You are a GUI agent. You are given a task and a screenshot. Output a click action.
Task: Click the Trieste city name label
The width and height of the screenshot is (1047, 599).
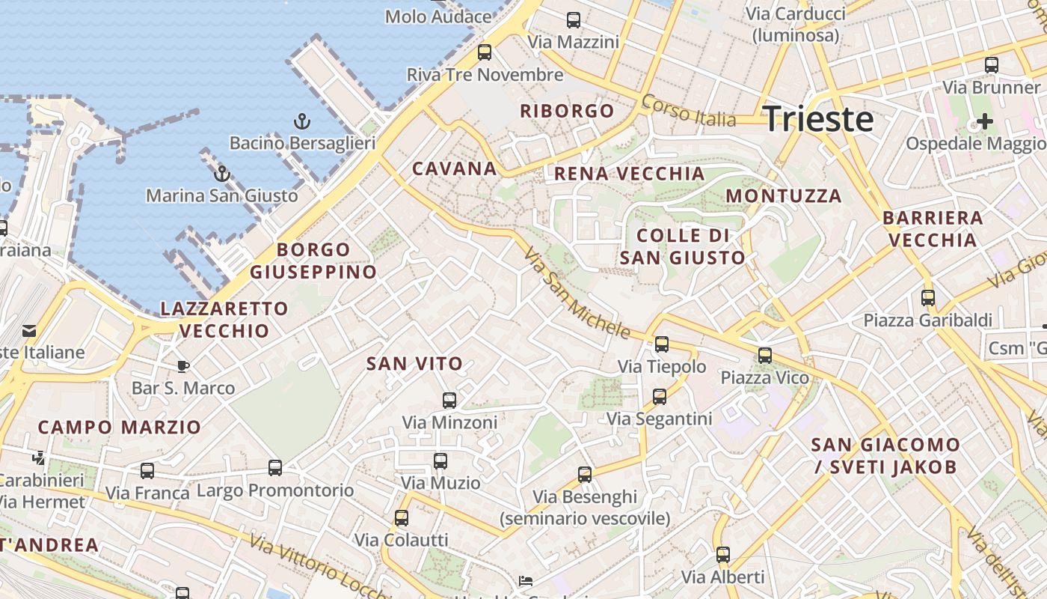tap(818, 120)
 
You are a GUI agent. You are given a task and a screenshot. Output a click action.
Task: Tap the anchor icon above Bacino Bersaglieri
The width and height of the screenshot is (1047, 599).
tap(301, 121)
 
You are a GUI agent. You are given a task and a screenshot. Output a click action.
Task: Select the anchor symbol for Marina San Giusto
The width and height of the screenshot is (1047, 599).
tap(221, 174)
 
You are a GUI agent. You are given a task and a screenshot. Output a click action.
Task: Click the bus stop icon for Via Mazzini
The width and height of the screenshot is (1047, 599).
tap(574, 20)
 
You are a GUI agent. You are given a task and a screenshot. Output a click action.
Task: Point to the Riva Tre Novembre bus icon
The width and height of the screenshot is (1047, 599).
tap(485, 52)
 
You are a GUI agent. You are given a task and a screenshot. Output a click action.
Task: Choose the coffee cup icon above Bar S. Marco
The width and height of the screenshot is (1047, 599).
tap(183, 366)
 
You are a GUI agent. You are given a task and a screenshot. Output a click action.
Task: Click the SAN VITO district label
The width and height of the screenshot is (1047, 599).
tap(414, 365)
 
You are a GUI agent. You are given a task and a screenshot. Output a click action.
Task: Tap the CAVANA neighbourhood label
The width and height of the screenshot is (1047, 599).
tap(455, 169)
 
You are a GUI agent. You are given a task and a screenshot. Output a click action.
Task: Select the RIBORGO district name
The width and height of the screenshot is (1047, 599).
tap(567, 112)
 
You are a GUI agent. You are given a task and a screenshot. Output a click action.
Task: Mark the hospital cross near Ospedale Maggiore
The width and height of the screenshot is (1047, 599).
tap(985, 121)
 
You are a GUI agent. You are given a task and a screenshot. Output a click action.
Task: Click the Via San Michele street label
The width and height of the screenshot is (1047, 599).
tap(577, 294)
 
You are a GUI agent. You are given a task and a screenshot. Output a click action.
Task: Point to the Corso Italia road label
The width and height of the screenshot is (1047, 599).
tap(689, 112)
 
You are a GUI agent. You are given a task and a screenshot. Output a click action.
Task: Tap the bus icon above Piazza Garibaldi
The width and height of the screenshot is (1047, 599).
tap(928, 298)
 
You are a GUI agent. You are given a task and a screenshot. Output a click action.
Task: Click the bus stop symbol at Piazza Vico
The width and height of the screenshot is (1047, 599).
tap(765, 356)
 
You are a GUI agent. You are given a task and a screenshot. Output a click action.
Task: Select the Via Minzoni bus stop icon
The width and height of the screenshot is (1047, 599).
tap(449, 401)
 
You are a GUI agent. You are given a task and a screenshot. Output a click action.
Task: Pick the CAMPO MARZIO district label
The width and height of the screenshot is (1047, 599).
tap(120, 428)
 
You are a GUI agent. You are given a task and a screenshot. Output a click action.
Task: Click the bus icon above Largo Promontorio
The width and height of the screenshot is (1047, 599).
tap(275, 468)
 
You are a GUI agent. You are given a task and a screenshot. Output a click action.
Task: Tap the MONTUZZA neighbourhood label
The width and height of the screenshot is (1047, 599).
tap(784, 196)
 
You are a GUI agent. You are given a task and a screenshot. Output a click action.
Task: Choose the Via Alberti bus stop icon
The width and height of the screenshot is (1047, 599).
tap(723, 555)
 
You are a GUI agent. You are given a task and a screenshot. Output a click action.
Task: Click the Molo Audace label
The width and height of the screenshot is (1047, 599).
tap(437, 16)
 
